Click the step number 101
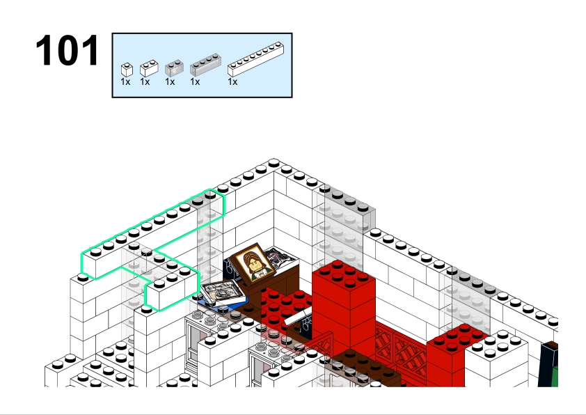click(x=68, y=50)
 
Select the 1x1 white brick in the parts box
click(x=127, y=70)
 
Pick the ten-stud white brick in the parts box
click(x=255, y=59)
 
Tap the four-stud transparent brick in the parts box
click(x=205, y=65)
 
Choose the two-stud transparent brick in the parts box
click(x=174, y=68)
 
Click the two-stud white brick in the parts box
click(x=149, y=68)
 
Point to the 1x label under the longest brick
click(x=232, y=82)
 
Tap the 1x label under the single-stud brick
click(x=125, y=82)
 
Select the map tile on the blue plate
click(x=223, y=293)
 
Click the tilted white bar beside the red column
click(x=298, y=316)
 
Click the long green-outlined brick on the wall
click(x=153, y=234)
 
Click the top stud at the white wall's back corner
click(x=274, y=163)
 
